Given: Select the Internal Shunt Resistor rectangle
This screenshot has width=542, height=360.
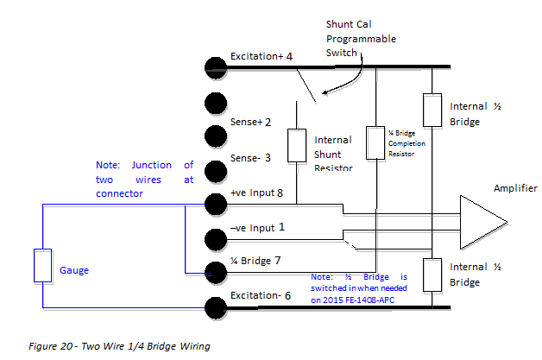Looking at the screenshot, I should (x=296, y=148).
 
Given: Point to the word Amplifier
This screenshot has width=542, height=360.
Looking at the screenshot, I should (x=515, y=188).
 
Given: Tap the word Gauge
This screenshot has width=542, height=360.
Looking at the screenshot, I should (x=75, y=270).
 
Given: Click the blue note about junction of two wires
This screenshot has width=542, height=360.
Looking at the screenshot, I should (x=145, y=180).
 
